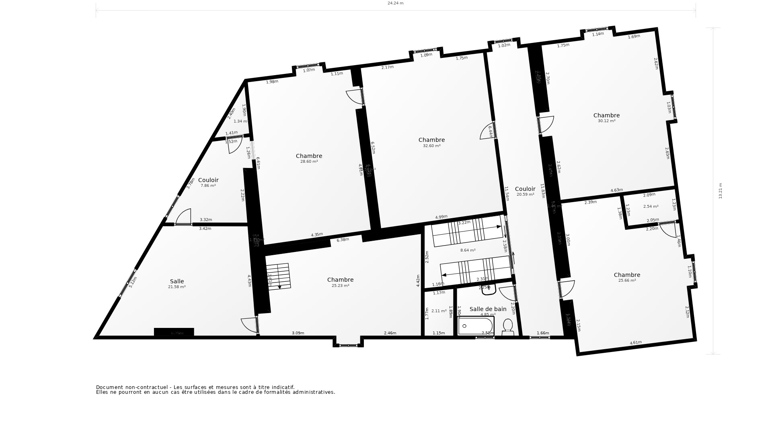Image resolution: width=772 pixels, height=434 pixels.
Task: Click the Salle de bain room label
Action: (x=488, y=309)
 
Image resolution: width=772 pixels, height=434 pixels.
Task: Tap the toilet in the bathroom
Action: (x=508, y=327)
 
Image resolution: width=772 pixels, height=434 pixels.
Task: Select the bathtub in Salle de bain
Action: (x=476, y=326)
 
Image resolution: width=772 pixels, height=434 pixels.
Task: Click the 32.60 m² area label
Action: (x=431, y=146)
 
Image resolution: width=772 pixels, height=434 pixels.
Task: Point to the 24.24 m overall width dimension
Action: (x=395, y=3)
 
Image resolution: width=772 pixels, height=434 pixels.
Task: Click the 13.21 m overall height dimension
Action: (x=721, y=190)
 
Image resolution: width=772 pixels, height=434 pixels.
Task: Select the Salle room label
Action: (x=177, y=281)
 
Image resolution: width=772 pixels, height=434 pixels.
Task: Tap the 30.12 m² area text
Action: (x=606, y=121)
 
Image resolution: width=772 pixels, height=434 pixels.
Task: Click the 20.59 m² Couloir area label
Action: (x=525, y=194)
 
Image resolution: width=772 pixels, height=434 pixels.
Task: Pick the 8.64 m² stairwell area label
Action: (x=468, y=250)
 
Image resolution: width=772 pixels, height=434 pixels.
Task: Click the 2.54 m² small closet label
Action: (x=651, y=207)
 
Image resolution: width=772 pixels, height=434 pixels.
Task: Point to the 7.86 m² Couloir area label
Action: (x=208, y=186)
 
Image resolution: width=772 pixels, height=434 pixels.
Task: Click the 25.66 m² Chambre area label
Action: (x=627, y=280)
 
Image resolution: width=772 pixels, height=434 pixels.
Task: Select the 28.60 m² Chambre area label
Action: (x=309, y=162)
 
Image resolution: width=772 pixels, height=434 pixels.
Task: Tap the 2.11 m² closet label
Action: (x=439, y=311)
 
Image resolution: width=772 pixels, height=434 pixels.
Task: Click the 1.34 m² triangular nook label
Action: (x=240, y=121)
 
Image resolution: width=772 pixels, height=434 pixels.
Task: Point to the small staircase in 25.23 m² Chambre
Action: (x=278, y=276)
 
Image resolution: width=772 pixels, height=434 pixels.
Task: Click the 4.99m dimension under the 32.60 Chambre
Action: (x=441, y=217)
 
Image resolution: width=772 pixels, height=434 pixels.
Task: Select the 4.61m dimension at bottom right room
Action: (x=635, y=343)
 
